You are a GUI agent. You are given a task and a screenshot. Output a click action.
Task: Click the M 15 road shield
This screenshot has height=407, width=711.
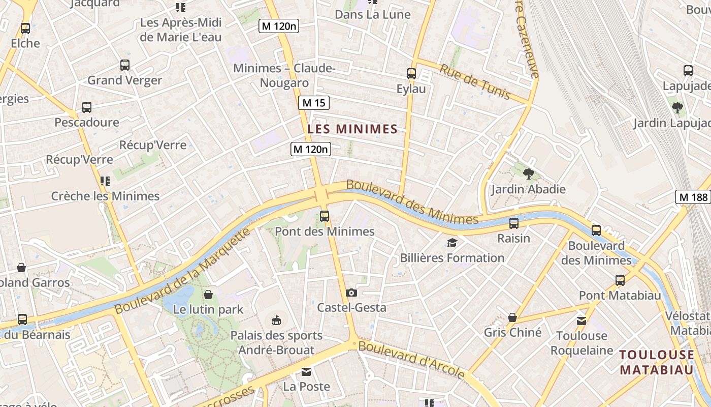(313, 103)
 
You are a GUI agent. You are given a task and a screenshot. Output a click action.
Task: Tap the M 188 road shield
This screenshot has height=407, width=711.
(693, 197)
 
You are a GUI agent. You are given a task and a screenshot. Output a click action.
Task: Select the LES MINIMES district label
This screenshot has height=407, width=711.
(352, 129)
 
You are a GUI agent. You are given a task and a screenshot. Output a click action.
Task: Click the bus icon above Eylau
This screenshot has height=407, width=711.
(411, 74)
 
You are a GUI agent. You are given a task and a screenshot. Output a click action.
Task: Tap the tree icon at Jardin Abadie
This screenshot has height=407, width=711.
(528, 174)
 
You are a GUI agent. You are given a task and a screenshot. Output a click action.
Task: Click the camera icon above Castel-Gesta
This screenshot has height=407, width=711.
(351, 293)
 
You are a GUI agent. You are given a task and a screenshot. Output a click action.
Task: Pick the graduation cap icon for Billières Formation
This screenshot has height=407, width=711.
(452, 243)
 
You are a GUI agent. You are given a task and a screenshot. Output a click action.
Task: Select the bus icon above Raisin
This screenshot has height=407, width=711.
(514, 223)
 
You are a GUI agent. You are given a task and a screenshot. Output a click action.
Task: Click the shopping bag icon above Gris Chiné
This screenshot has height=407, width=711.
(512, 317)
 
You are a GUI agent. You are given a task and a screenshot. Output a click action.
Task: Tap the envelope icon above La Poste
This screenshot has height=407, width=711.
(306, 372)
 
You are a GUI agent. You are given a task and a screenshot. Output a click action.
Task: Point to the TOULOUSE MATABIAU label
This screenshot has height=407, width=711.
(657, 362)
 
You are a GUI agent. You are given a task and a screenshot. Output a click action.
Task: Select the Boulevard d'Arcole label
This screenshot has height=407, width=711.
(412, 359)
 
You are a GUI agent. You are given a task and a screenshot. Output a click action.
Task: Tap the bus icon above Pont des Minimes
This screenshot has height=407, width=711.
(325, 216)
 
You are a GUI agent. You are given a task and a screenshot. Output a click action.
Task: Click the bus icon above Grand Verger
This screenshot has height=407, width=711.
(125, 65)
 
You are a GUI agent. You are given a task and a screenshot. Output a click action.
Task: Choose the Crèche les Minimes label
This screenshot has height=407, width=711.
(105, 196)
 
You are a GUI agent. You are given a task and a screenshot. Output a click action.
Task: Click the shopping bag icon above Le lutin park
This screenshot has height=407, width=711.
(208, 295)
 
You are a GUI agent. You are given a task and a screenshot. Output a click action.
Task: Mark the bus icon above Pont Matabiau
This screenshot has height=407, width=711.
(620, 280)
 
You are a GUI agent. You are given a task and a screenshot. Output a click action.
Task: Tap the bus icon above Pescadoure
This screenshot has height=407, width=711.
(87, 107)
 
